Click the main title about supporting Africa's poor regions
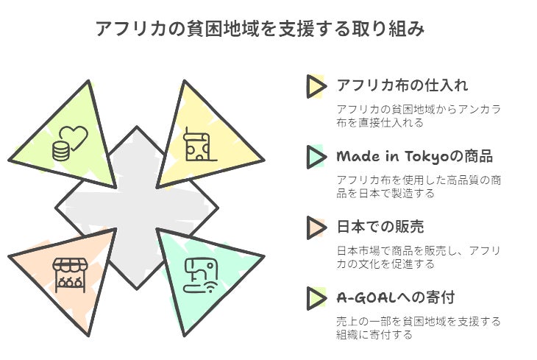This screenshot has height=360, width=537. coord(260,29)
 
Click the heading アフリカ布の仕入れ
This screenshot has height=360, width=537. coord(402,85)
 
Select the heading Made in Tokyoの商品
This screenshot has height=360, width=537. coord(414,156)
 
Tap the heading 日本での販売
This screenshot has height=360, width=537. coord(380,227)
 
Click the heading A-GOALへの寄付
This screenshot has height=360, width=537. coord(395,297)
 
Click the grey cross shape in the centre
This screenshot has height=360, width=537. coord(137,208)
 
